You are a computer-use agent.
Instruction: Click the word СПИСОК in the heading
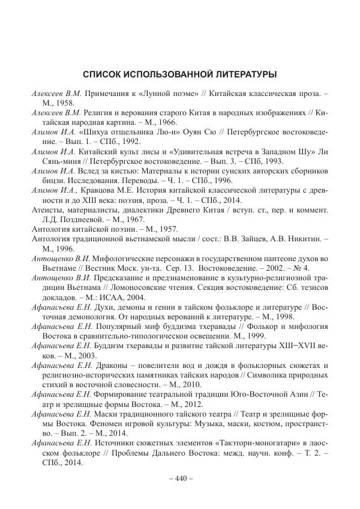point(101,75)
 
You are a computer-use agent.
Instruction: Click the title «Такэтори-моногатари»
point(250,443)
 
